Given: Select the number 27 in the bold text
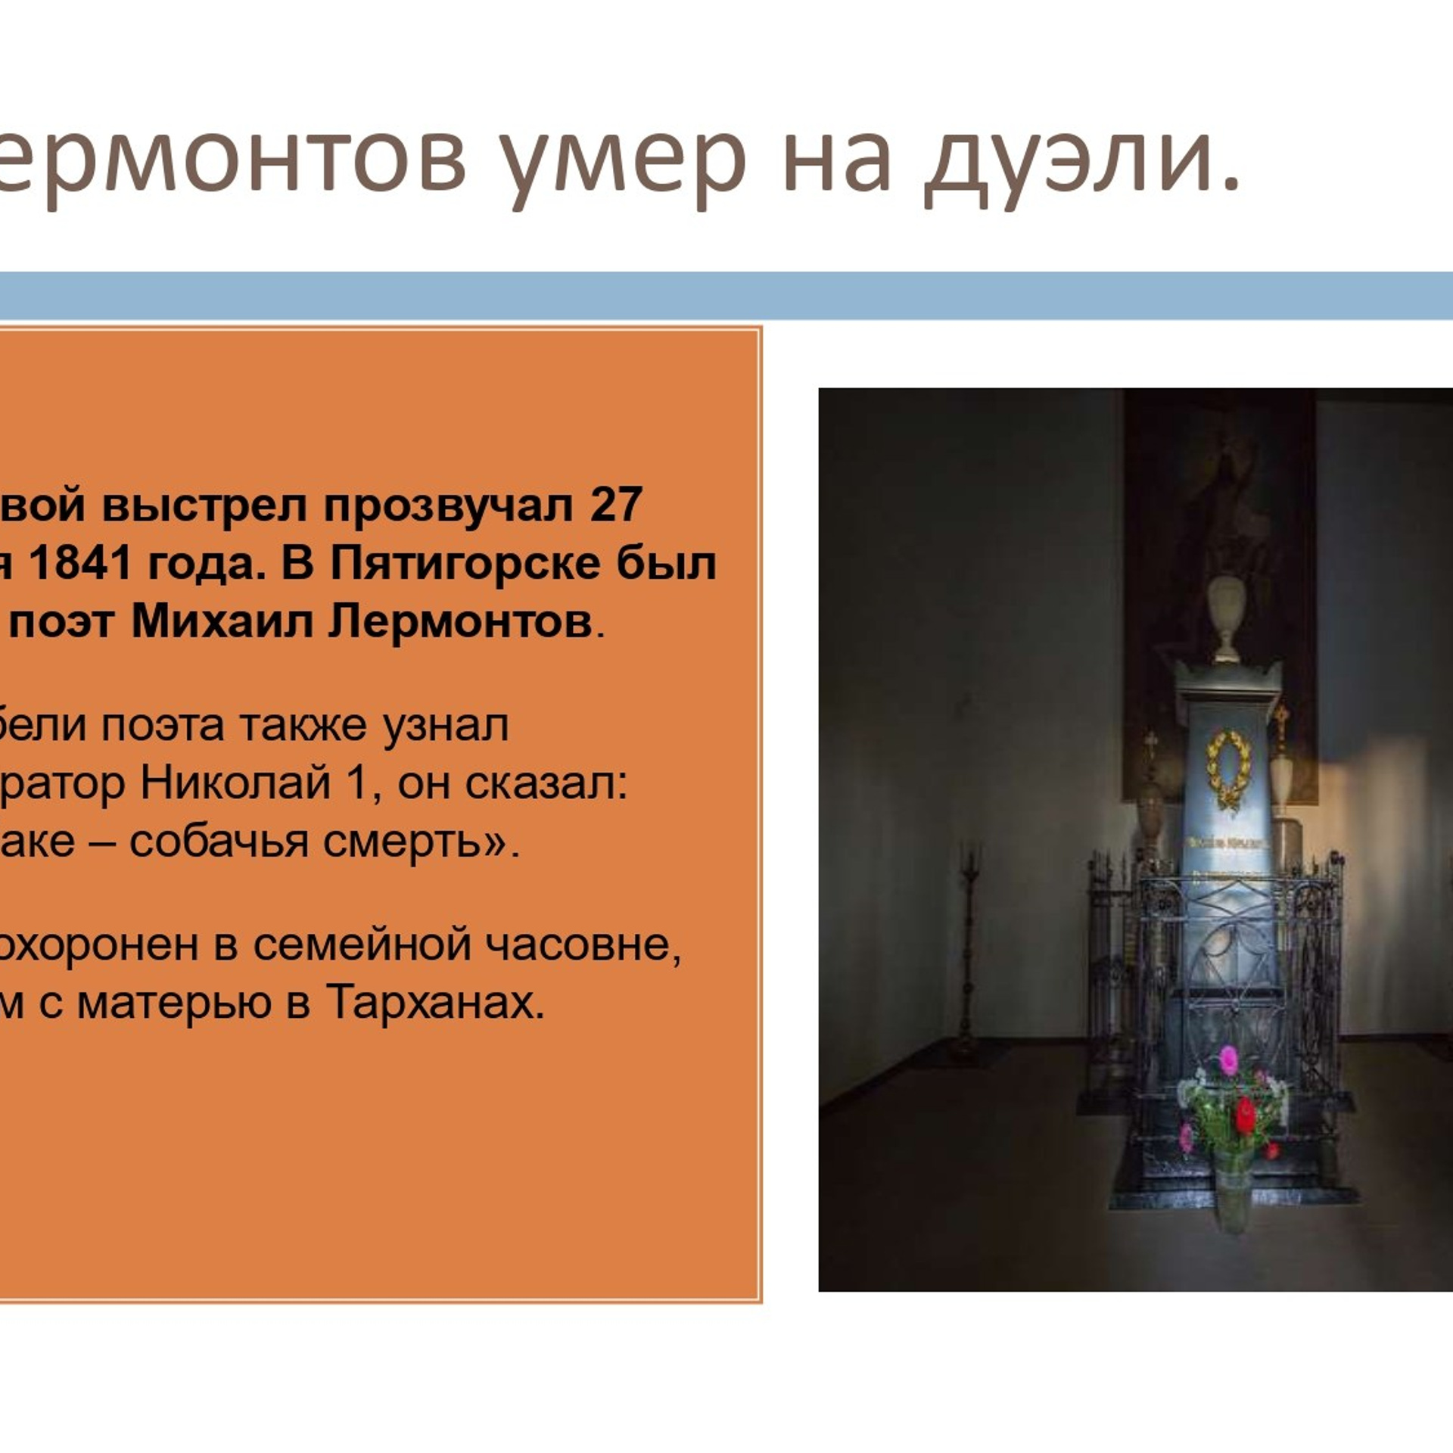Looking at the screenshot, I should click(x=616, y=505).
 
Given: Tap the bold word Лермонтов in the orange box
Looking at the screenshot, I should click(x=459, y=622).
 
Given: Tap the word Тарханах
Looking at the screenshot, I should click(x=436, y=1003).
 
